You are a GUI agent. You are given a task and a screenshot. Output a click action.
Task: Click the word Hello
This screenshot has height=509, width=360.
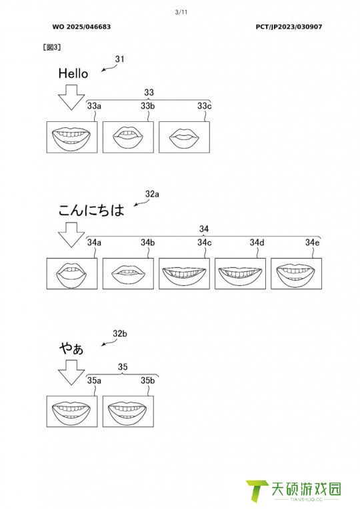(73, 73)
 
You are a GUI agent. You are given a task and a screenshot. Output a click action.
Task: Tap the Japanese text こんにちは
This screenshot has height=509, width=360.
(91, 210)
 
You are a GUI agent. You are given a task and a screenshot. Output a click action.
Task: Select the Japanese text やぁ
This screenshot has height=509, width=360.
(71, 348)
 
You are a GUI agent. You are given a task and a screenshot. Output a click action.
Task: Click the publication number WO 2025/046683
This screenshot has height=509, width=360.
(81, 27)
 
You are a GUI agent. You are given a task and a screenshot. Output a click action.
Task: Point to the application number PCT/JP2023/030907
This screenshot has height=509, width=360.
(289, 27)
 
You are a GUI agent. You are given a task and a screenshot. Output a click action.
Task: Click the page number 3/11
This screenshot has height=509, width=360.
(181, 13)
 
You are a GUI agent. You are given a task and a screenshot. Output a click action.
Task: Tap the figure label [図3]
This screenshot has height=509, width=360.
(52, 47)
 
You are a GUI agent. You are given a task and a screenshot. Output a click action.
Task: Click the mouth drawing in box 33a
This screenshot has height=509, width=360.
(71, 137)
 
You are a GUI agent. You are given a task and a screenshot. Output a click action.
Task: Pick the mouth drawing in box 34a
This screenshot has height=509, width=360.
(71, 274)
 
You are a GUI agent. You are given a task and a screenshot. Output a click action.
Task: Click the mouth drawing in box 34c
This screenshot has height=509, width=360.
(184, 274)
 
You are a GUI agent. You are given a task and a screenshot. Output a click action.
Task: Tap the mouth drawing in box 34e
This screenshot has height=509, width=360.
(296, 274)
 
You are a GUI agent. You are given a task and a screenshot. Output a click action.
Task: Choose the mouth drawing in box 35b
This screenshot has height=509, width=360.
(128, 411)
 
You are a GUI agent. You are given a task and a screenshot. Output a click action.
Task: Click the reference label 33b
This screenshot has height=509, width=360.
(147, 106)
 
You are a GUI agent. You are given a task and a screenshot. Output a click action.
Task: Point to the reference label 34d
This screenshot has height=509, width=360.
(257, 243)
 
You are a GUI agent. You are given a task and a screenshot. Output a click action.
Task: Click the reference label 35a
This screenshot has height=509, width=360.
(94, 380)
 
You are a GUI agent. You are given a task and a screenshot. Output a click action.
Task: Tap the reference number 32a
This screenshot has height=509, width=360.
(152, 194)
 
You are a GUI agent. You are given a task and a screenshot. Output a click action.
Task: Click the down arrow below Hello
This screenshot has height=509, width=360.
(71, 97)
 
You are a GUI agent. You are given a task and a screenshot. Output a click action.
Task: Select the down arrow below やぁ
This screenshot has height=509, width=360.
(71, 372)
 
